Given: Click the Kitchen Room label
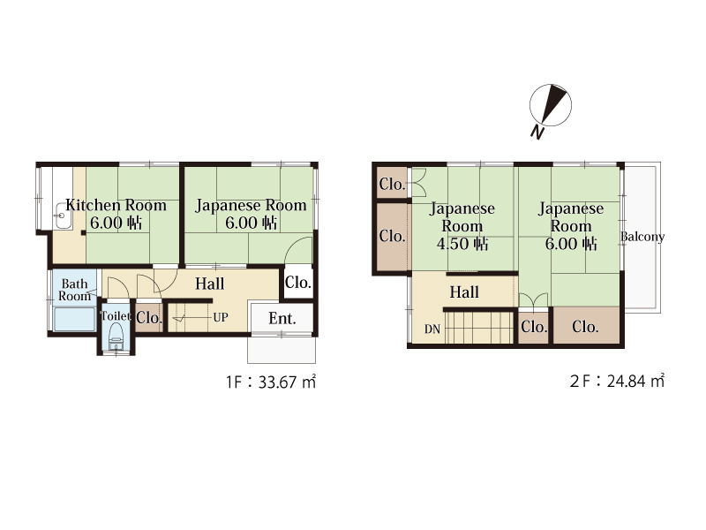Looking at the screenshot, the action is point(116,205).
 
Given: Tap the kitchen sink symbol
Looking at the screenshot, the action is point(62,216).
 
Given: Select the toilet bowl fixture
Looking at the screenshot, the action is point(116,336).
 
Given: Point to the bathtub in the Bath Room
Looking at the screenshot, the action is point(74,319).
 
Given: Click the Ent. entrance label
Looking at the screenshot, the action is point(282,319).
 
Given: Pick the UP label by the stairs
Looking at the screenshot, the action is point(220,317).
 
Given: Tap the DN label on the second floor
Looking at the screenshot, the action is point(432,329).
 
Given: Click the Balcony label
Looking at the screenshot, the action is point(642,237).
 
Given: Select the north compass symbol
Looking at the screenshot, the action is point(550,105).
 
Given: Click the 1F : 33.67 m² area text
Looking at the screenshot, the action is point(271,382).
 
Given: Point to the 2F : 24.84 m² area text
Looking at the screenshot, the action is point(617,382).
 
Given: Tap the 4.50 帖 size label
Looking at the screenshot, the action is point(462,244).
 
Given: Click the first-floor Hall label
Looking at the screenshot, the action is point(209,284).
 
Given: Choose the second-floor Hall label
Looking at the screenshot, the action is point(464,292).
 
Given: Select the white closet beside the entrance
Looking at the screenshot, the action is point(297,283).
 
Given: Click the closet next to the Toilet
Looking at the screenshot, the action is point(149,318).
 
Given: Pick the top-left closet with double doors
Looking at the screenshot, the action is point(392,184).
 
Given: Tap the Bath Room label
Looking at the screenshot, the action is point(74,290).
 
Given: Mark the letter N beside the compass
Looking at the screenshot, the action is point(537,132).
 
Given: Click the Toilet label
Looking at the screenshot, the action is point(116,316).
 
